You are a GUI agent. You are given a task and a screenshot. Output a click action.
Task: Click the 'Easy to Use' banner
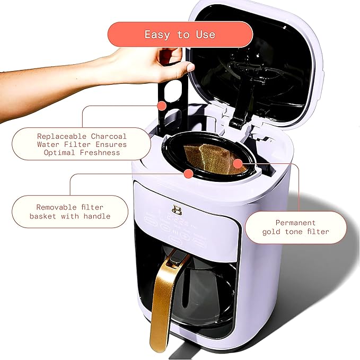point(180,34)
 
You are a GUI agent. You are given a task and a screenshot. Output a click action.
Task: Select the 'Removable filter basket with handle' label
point(69,212)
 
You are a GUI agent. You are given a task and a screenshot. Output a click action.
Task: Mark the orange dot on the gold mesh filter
point(238,163)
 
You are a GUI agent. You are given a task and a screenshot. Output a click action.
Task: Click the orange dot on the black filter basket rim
point(188,174)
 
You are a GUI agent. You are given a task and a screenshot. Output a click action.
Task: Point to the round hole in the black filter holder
point(170,94)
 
